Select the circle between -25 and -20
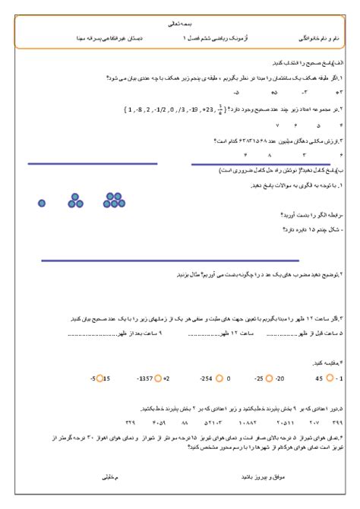(268, 378)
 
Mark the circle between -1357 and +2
(158, 378)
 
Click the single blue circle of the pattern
(42, 203)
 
